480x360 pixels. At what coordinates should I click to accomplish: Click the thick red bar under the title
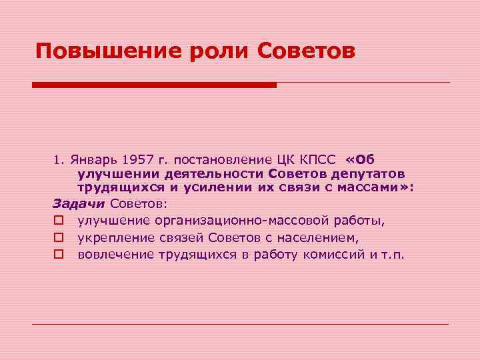tap(154, 85)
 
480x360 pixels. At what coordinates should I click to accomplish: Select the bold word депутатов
tap(366, 174)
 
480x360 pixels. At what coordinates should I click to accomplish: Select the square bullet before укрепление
tap(58, 238)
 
